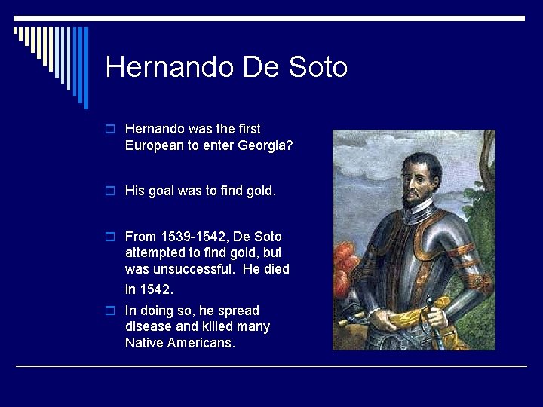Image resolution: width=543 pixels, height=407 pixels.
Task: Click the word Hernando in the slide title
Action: (x=170, y=67)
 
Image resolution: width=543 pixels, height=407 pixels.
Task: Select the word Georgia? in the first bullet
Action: (x=264, y=145)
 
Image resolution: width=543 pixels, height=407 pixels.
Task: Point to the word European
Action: (x=155, y=145)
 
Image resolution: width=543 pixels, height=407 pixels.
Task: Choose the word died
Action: (x=275, y=269)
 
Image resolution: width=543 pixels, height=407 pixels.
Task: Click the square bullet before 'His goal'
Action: (x=111, y=191)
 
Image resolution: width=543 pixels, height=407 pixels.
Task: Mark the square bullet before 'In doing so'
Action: (x=111, y=311)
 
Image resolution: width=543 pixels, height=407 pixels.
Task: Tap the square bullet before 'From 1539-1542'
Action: (x=111, y=237)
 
